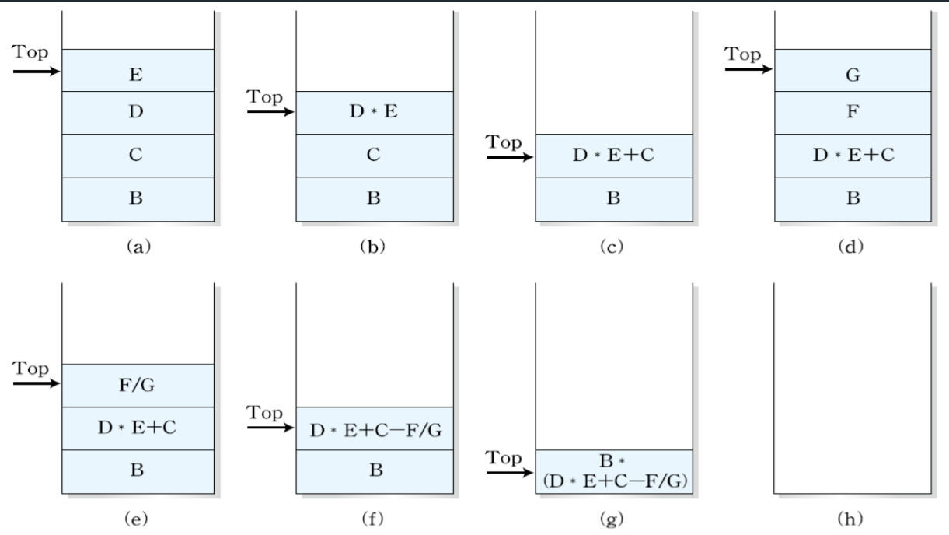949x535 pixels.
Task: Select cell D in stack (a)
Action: coord(138,112)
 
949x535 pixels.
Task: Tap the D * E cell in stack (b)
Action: coord(374,112)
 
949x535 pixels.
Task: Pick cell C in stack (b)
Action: coord(374,155)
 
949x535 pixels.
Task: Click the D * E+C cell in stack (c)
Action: coord(612,155)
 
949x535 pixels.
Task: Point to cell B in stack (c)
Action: coord(612,198)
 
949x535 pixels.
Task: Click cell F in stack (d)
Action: coord(853,112)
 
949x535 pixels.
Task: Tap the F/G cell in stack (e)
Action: coord(138,385)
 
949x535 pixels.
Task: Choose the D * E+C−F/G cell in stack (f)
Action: coord(374,428)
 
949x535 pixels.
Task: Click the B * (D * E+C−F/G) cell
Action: coord(612,471)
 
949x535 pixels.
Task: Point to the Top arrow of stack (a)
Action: coord(37,72)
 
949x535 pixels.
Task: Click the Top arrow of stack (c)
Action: coord(510,157)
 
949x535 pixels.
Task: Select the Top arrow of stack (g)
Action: coord(510,472)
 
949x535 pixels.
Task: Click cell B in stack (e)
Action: coord(138,471)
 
